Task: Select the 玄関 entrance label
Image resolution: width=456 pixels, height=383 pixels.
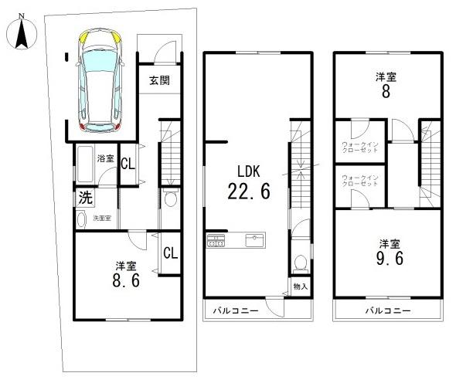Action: point(160,80)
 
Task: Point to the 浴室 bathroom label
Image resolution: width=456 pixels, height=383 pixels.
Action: point(106,158)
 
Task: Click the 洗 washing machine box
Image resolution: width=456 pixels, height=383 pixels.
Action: point(84,198)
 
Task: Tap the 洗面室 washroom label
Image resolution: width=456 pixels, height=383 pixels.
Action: point(102,219)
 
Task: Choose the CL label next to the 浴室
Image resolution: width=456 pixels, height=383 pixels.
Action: point(128,163)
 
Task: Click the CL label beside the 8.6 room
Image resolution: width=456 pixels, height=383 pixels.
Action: point(171,253)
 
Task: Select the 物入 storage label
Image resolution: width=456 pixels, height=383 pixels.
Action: point(301,287)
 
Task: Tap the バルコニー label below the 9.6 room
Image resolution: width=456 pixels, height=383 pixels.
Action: point(387,311)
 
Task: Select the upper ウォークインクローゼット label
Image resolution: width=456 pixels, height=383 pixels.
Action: point(361,147)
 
